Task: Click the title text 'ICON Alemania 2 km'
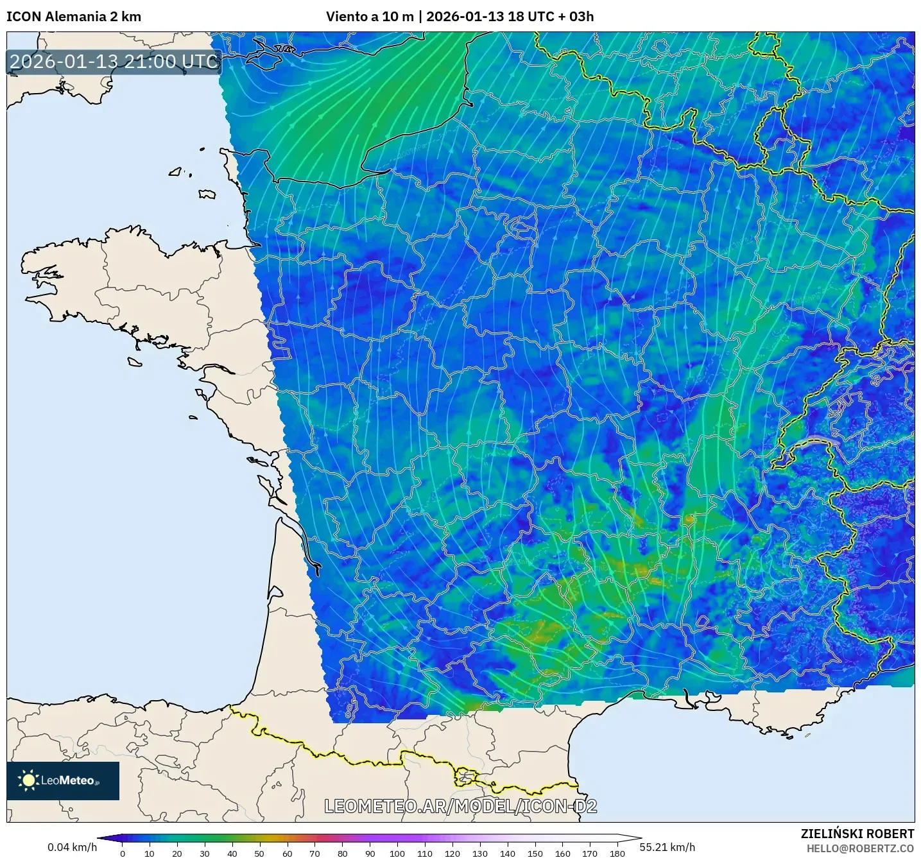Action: coord(74,17)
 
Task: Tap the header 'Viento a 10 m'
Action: coord(370,17)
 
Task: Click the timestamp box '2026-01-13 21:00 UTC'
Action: coord(114,62)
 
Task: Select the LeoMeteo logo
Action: coord(63,780)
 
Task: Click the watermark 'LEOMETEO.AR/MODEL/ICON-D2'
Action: coord(461,807)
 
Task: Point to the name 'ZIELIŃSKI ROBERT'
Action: coord(857,834)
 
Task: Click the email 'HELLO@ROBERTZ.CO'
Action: coord(860,848)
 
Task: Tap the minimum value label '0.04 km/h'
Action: coord(72,847)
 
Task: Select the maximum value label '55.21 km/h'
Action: coord(667,847)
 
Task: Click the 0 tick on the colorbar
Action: coord(123,854)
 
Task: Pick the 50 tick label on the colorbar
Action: coord(259,854)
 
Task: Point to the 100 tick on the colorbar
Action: coord(397,854)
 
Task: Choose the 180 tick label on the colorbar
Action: coord(617,854)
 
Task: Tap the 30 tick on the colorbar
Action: coord(204,854)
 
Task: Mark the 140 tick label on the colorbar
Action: coord(507,854)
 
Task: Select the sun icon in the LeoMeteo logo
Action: coord(29,780)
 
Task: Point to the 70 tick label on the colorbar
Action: coord(314,854)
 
